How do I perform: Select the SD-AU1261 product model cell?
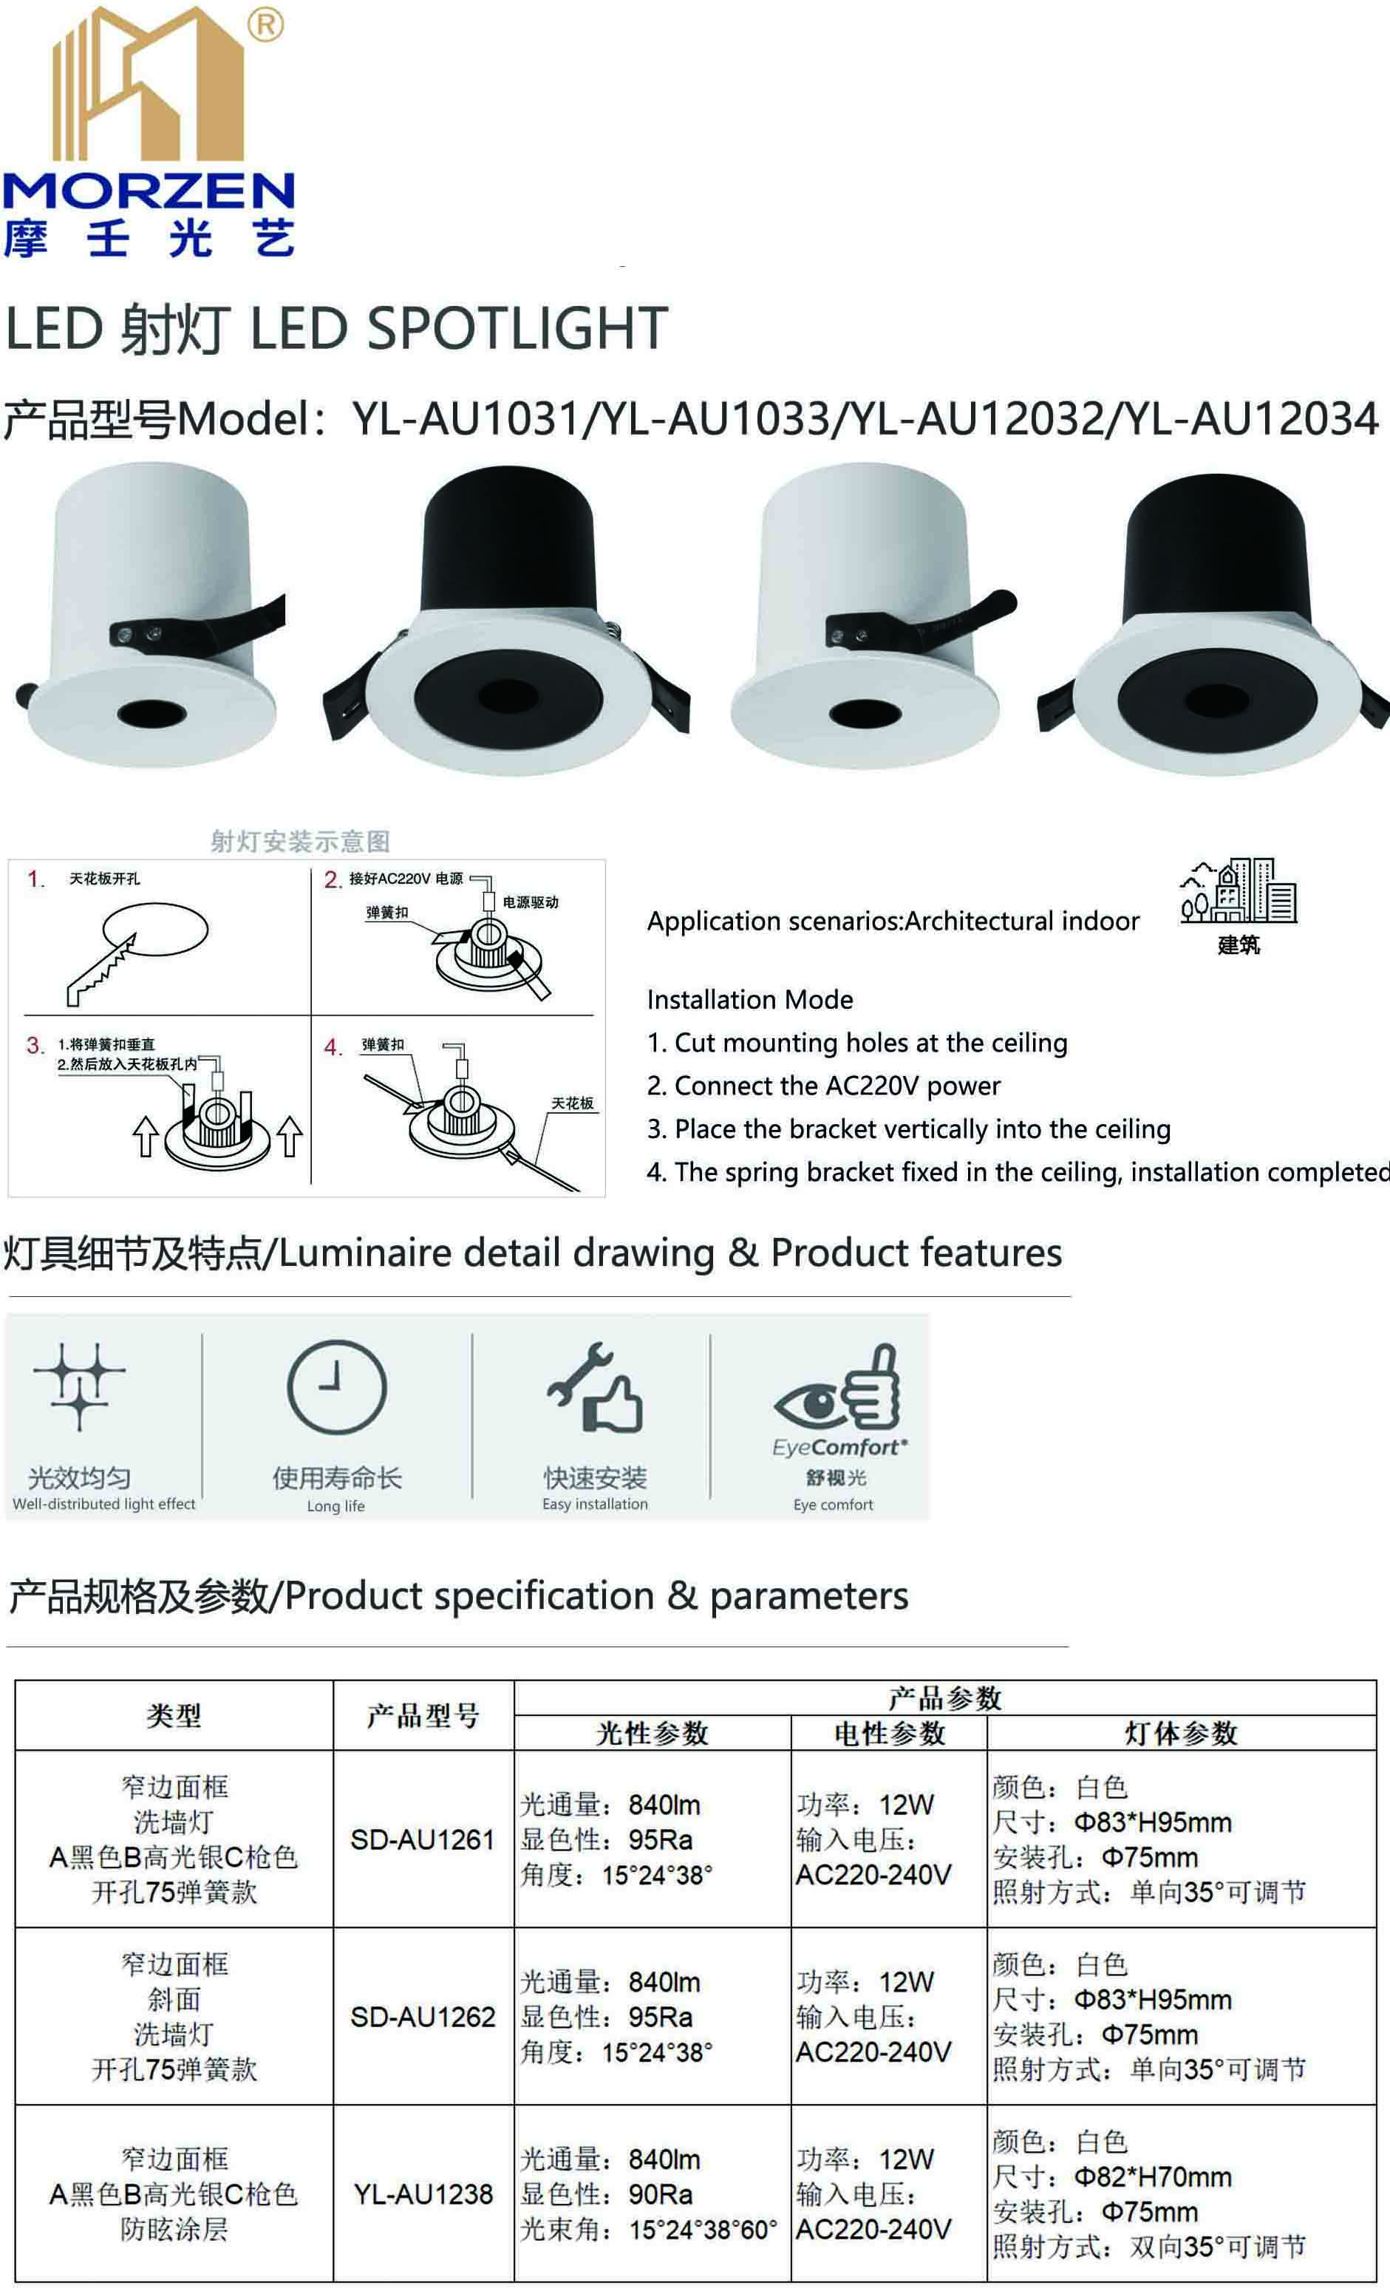[x=423, y=1839]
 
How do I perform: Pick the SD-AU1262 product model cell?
[x=423, y=2017]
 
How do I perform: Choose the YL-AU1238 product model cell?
[x=423, y=2194]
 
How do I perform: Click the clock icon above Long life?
[x=336, y=1388]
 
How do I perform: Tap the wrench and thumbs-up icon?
[x=595, y=1387]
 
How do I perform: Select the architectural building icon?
[x=1239, y=891]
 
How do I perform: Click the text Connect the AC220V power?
[x=824, y=1086]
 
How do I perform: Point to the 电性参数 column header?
[x=888, y=1733]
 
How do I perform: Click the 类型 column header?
[x=174, y=1715]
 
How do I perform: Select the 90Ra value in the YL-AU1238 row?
[x=660, y=2194]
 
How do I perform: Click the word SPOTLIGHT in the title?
[x=517, y=328]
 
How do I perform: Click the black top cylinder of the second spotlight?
[x=509, y=539]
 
